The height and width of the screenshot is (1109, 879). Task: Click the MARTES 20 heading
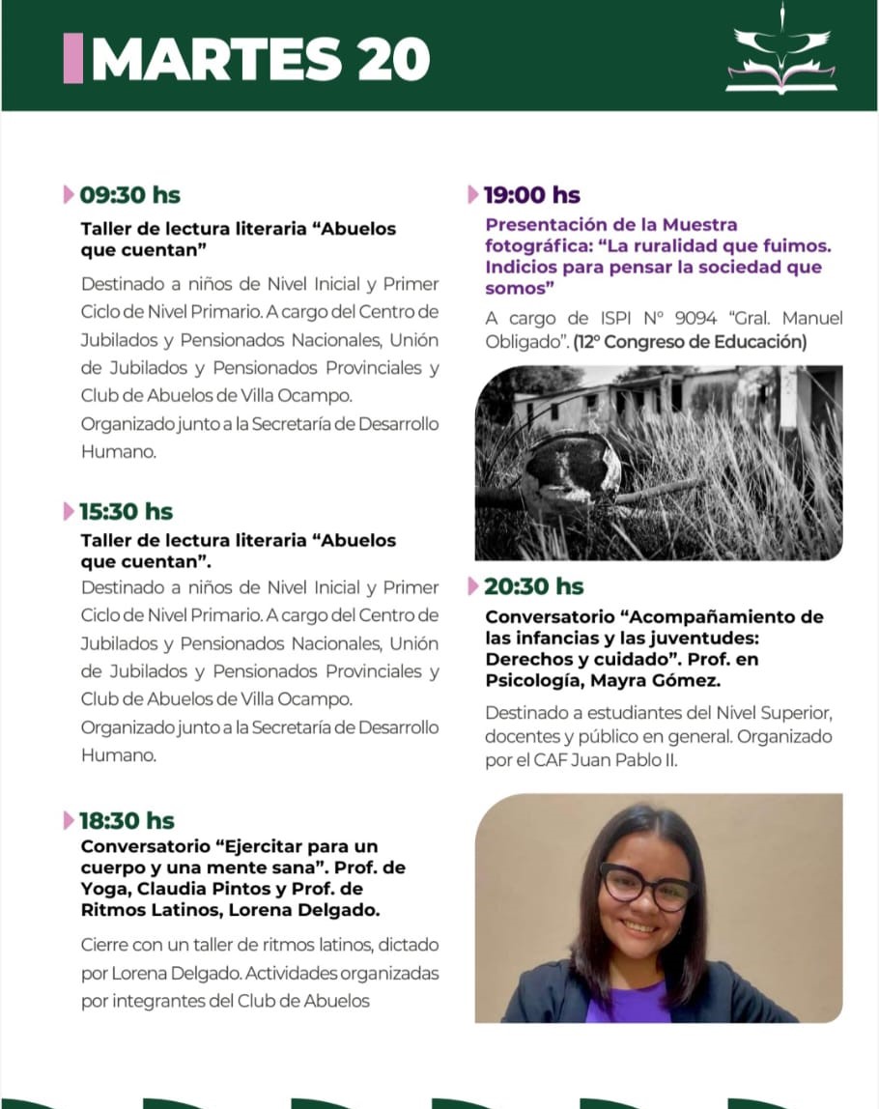click(261, 60)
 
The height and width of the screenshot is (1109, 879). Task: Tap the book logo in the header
click(780, 60)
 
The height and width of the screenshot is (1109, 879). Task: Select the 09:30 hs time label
click(129, 195)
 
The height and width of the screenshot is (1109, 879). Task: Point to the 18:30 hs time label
click(127, 821)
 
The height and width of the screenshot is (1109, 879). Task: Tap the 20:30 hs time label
click(533, 586)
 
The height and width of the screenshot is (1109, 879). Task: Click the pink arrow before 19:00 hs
click(472, 195)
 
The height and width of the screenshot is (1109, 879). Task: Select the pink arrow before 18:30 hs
click(68, 821)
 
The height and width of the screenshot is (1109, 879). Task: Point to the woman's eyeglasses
click(646, 885)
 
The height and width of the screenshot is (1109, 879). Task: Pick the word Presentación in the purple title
click(547, 225)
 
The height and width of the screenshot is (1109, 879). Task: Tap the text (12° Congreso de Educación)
click(690, 342)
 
